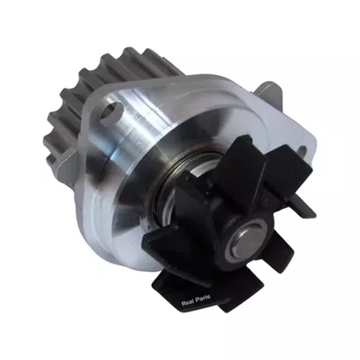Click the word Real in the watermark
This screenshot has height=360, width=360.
[x=187, y=303]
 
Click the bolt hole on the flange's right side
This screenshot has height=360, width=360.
[x=302, y=151]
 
